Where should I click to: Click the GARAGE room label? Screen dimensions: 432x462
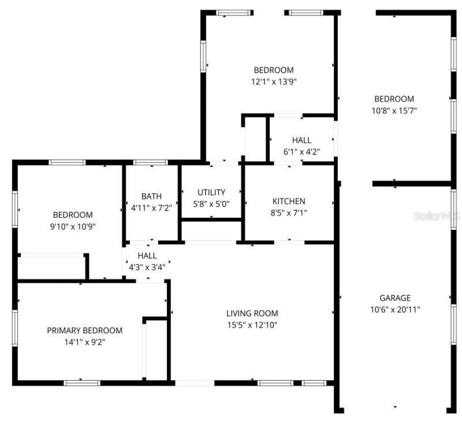click(x=395, y=298)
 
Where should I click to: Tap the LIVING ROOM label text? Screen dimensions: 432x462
click(x=252, y=314)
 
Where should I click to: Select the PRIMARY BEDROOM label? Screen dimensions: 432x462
click(x=84, y=330)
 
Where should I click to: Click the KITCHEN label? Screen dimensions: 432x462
click(x=289, y=202)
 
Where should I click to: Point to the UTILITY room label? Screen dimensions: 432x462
click(x=211, y=192)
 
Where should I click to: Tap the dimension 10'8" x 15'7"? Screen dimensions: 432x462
click(x=394, y=110)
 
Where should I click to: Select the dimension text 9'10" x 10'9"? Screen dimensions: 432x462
click(x=73, y=226)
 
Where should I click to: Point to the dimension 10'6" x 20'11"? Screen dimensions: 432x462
click(x=395, y=309)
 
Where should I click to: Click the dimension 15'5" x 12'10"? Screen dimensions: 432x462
click(x=252, y=325)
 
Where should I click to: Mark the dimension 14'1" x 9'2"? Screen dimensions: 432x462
click(x=84, y=341)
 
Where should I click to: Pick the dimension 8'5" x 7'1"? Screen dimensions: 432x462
click(x=289, y=213)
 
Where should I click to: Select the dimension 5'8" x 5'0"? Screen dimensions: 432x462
click(x=211, y=203)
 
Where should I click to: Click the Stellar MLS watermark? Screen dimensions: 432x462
click(x=437, y=216)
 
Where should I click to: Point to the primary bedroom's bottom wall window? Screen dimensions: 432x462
click(x=81, y=382)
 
